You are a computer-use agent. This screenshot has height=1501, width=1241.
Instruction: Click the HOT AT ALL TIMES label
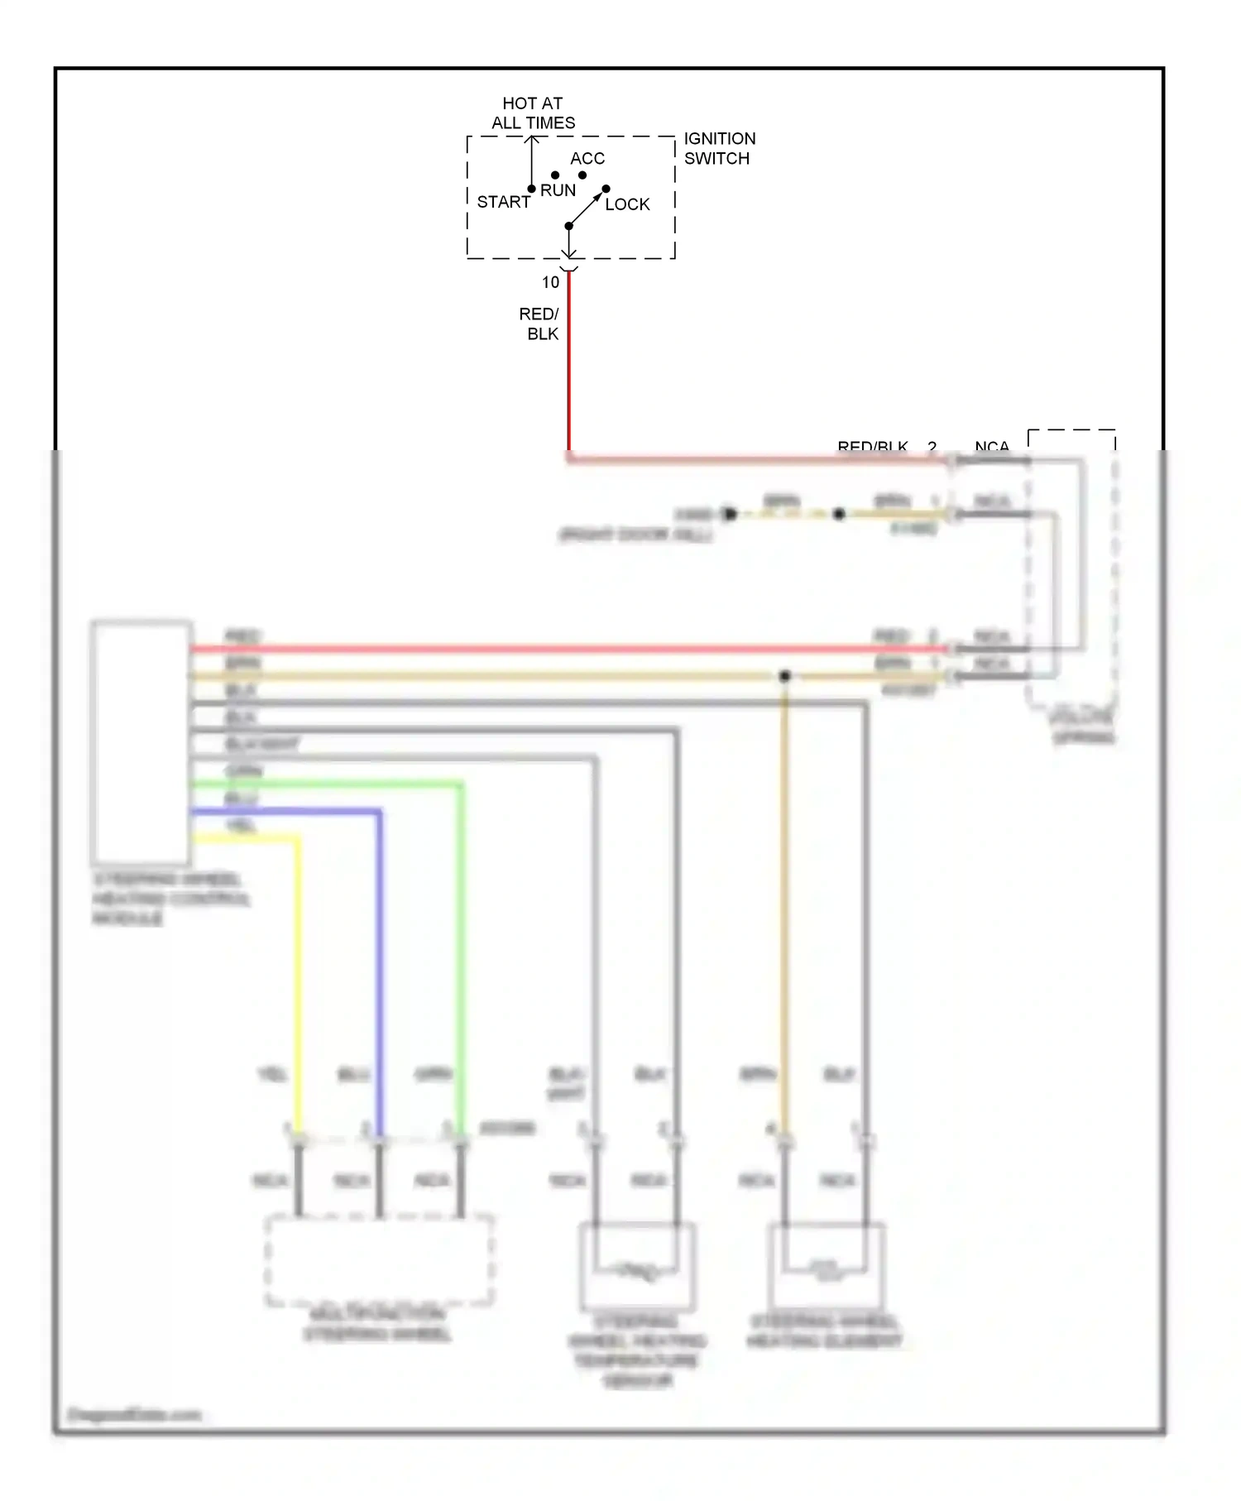tap(533, 113)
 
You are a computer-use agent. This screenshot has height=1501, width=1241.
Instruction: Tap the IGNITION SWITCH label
tap(719, 148)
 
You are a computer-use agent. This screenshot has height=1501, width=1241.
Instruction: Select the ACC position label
tap(587, 158)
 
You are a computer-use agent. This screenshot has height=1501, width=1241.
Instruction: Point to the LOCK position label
tap(627, 204)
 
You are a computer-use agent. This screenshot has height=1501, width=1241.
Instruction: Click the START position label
tap(503, 202)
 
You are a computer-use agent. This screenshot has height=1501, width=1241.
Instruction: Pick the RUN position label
tap(558, 190)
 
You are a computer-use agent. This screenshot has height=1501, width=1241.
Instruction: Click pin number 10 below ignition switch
tap(550, 282)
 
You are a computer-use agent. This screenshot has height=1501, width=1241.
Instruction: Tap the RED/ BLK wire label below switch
tap(539, 324)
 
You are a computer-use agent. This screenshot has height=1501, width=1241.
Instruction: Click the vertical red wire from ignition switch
tap(568, 364)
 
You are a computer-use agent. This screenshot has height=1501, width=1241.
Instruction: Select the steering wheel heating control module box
tap(141, 742)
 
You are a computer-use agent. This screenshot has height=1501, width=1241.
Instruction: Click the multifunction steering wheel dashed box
tap(379, 1260)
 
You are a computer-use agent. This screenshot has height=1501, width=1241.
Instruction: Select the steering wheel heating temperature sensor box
tap(637, 1266)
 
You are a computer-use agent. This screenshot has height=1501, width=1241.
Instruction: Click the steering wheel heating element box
tap(826, 1266)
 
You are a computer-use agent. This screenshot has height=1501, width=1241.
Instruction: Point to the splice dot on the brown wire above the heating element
tap(784, 676)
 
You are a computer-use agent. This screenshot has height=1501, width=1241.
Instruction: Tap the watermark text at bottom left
tap(134, 1414)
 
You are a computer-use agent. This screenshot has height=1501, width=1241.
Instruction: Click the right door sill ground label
tap(635, 535)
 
